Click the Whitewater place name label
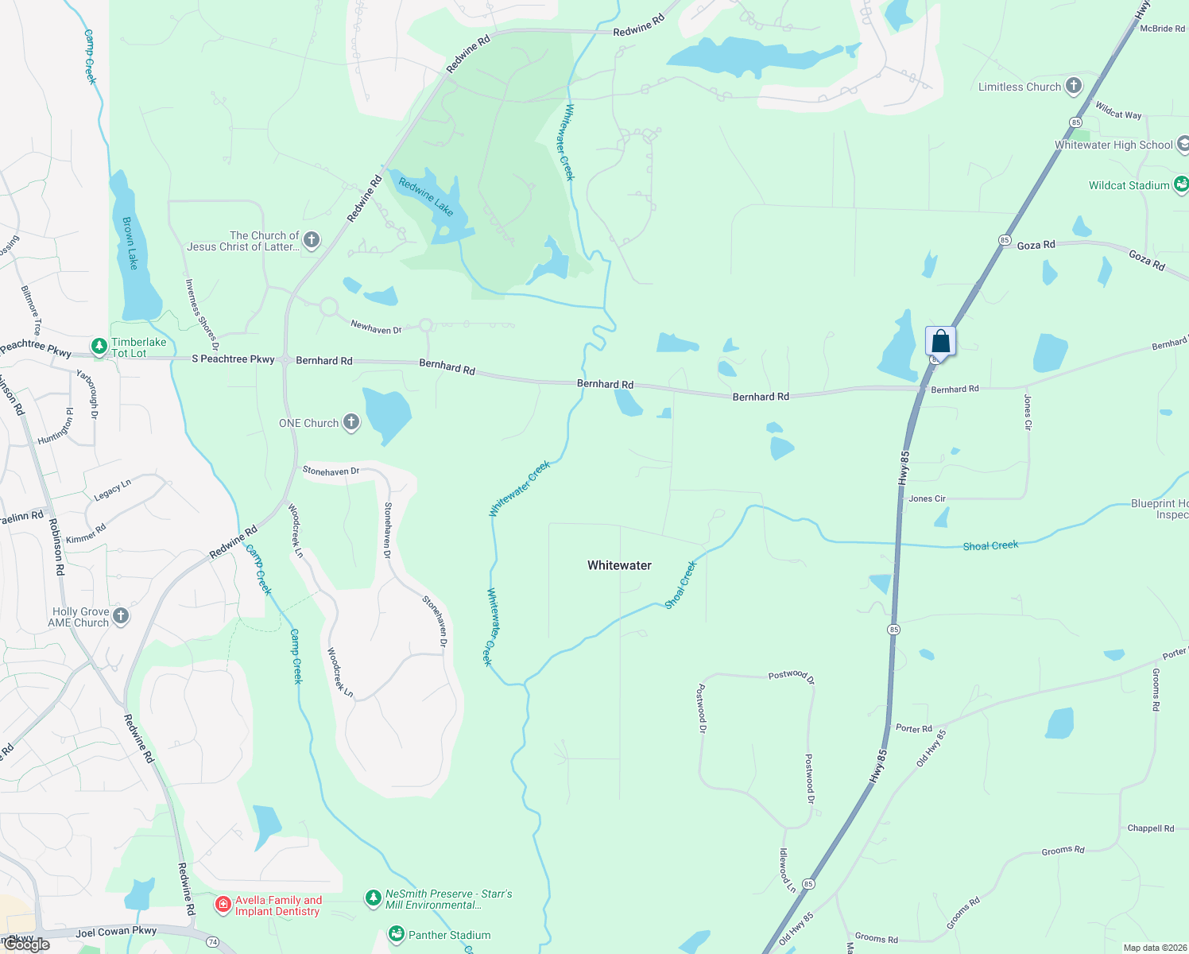point(619,565)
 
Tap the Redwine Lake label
point(426,197)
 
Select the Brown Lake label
point(129,243)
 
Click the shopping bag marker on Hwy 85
point(940,342)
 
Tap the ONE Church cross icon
point(351,423)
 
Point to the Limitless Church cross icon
point(1074,86)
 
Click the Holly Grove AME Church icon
point(121,616)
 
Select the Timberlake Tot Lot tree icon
point(99,346)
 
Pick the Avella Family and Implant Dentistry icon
point(223,905)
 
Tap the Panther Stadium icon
point(396,934)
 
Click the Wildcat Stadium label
point(1129,185)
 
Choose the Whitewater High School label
point(1113,145)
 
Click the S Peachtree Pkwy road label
point(233,359)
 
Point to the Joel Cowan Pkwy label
point(116,932)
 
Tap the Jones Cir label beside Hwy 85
point(927,498)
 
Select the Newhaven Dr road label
point(376,327)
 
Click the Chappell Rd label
point(1150,828)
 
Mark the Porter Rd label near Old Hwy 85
point(913,728)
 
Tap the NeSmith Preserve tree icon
point(373,898)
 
